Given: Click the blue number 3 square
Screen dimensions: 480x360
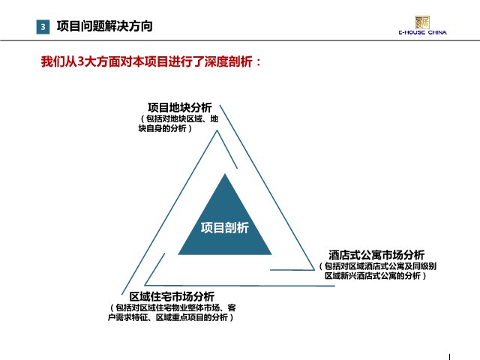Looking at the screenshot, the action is point(43,27).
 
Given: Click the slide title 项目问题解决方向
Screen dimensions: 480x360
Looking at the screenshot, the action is point(104,26).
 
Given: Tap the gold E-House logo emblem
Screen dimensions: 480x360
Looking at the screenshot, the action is point(422,22).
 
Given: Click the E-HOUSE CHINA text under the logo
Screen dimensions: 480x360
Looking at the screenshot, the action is point(422,32).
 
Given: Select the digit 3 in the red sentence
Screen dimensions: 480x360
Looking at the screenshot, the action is point(80,61).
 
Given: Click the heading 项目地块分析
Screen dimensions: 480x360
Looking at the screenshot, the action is point(180,107).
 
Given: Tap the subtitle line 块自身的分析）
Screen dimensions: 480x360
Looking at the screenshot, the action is point(165,128).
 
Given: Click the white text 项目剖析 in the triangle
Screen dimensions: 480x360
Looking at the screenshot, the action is point(225,228).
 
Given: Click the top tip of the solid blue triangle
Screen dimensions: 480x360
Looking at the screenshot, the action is point(225,174).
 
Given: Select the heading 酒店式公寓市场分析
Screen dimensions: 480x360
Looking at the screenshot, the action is point(376,255).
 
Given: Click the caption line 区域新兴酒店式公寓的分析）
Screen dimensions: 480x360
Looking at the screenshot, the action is point(376,276).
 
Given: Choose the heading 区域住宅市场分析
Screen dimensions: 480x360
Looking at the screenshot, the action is point(172,296).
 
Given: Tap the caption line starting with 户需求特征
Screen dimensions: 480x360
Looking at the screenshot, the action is point(171,317).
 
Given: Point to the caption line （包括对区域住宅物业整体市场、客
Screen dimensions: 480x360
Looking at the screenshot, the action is point(172,307).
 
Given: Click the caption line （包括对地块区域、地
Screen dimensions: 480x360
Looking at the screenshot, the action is point(179,118).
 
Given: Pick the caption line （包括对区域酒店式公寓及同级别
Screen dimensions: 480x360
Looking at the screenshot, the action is point(377,266).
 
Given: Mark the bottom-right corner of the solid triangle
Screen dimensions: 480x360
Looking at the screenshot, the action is point(271,254).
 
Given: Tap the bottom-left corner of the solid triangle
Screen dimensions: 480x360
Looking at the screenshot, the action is point(178,254).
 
